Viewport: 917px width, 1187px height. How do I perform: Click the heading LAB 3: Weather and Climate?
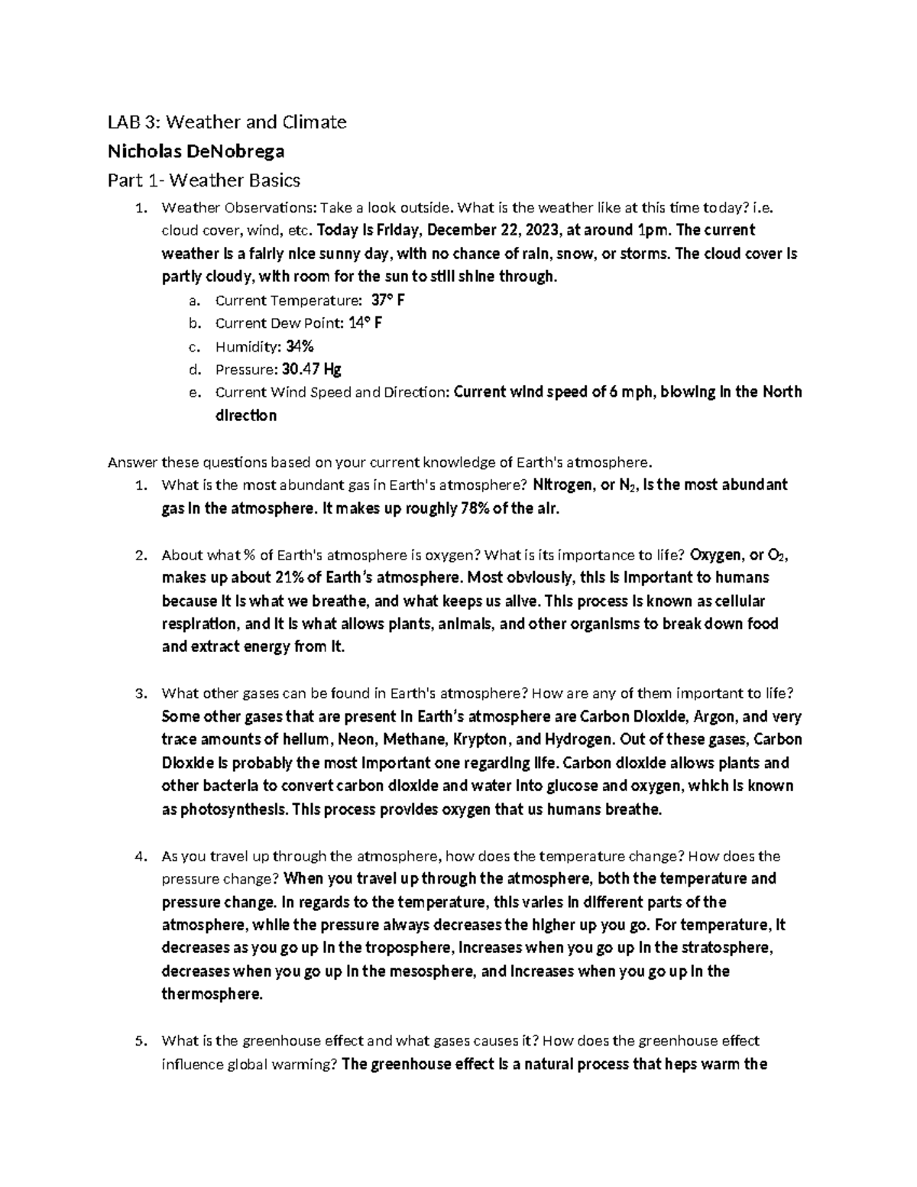227,122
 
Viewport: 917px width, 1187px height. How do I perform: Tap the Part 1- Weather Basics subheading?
204,180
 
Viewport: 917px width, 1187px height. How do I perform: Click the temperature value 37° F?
387,300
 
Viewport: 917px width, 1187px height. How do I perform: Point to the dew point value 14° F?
365,323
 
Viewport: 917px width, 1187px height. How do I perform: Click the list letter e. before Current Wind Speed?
194,393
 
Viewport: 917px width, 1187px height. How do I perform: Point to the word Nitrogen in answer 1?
562,485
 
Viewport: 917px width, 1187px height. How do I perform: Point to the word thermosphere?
212,994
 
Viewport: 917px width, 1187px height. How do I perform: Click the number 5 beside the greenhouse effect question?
139,1041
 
